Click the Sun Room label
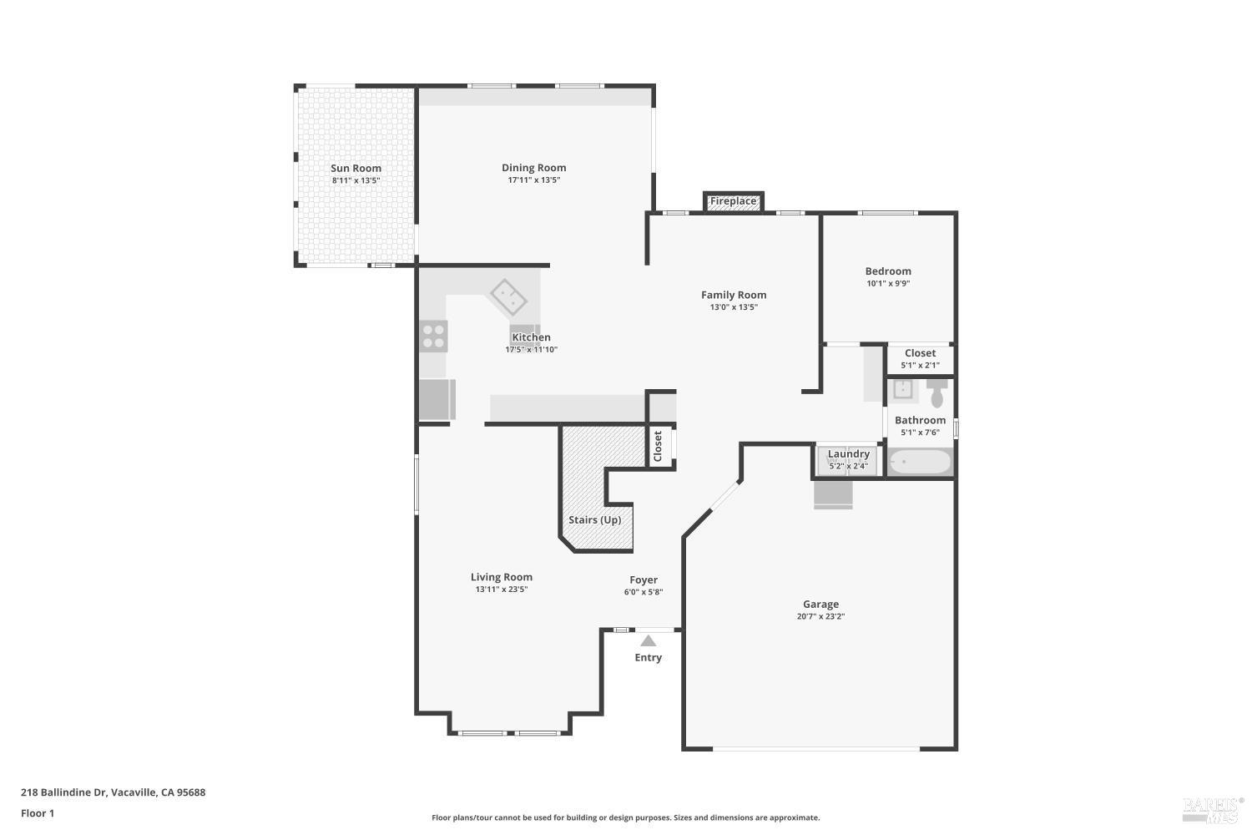point(356,168)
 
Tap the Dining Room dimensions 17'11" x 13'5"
point(533,180)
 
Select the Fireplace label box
point(733,201)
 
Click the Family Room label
point(733,295)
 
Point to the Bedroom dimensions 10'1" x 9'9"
point(888,284)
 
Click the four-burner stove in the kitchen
point(433,336)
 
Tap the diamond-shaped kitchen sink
point(507,296)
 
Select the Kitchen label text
point(531,337)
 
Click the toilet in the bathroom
point(936,393)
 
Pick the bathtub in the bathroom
point(919,462)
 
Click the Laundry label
point(848,454)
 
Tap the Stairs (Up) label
point(594,519)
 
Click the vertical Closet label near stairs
point(658,446)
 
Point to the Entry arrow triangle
point(648,641)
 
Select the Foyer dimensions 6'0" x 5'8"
point(643,593)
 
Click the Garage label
point(820,604)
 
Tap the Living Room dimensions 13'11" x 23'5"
point(501,590)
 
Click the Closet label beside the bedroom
point(920,353)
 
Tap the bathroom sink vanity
point(901,389)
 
